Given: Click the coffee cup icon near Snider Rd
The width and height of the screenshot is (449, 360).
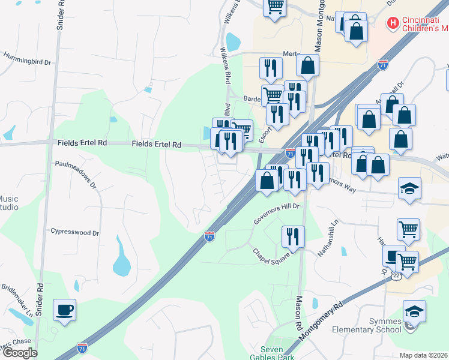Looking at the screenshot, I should (x=65, y=310).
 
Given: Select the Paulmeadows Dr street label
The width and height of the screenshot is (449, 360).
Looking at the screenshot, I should (x=76, y=173).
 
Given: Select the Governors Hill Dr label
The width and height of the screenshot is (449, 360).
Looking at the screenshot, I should (x=276, y=212).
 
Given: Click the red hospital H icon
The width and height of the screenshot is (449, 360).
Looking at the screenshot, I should (x=393, y=23).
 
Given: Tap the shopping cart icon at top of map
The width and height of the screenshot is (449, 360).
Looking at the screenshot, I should (x=275, y=7).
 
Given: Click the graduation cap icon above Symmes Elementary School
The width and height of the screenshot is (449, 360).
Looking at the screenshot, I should (x=414, y=311).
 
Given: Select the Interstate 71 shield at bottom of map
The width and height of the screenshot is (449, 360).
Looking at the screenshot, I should (x=82, y=347).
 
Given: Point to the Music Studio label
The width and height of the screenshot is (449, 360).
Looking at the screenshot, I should (x=8, y=203).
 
